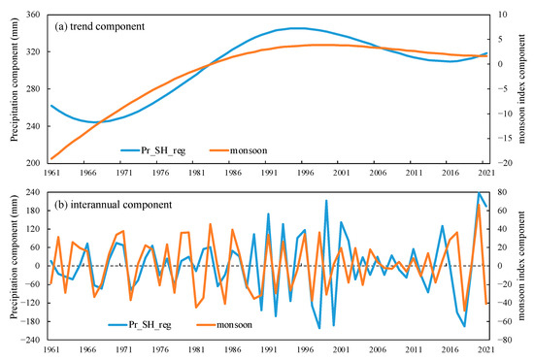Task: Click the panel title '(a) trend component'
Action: click(x=108, y=25)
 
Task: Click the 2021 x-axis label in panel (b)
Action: click(x=485, y=348)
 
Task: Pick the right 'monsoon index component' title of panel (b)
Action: click(x=524, y=265)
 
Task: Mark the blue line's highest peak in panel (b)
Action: click(x=478, y=193)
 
